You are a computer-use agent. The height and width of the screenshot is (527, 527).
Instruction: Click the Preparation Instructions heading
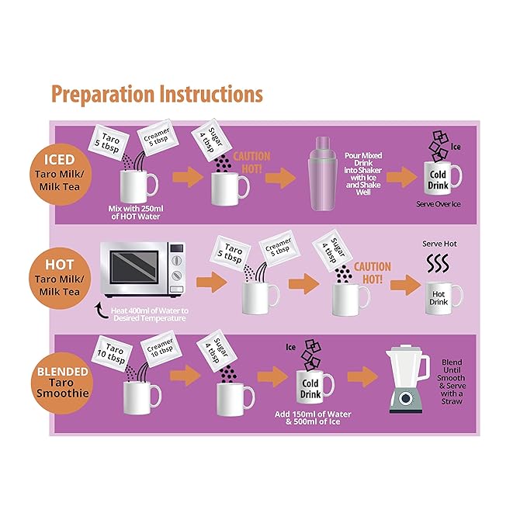157,95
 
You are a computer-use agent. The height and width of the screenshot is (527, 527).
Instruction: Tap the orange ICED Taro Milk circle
61,175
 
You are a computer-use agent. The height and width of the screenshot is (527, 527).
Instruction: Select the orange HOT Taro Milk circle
60,279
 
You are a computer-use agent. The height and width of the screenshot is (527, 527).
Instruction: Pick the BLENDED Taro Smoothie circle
62,383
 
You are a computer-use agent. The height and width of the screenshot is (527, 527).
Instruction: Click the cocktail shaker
322,174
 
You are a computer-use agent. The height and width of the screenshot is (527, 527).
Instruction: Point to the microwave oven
143,269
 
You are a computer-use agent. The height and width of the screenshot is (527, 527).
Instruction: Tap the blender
407,379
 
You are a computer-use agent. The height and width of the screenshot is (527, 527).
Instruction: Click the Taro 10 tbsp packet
112,353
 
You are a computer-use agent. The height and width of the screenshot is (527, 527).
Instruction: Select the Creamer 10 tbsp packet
161,348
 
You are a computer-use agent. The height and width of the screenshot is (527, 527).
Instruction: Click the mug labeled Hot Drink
443,298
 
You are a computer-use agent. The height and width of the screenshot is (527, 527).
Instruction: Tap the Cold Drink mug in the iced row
442,179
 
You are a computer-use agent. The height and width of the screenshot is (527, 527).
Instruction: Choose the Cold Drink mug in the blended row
314,387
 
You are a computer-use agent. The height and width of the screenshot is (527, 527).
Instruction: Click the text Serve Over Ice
439,204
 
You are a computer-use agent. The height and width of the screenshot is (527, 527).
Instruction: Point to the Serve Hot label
439,244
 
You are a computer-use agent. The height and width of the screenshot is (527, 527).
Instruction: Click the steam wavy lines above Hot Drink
438,263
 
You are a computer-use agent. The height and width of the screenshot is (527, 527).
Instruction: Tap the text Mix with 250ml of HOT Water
136,213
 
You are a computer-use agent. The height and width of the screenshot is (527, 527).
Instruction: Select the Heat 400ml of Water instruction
150,314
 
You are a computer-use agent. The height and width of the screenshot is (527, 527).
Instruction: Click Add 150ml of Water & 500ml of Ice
313,418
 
